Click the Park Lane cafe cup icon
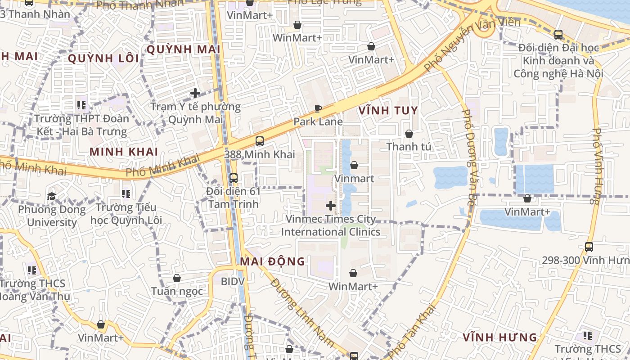318,108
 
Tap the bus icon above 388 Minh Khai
260,141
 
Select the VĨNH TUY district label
388,110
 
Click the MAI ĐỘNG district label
272,261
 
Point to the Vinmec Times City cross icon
331,206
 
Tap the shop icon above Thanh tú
409,134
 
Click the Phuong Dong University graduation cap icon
51,197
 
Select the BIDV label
233,281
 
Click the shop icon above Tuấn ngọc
177,278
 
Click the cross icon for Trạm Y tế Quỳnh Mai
195,93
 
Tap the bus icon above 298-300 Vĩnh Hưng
589,247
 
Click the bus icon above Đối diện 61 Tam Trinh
233,178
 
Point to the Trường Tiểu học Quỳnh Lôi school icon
126,194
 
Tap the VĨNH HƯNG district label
500,337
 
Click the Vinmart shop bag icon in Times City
354,165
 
